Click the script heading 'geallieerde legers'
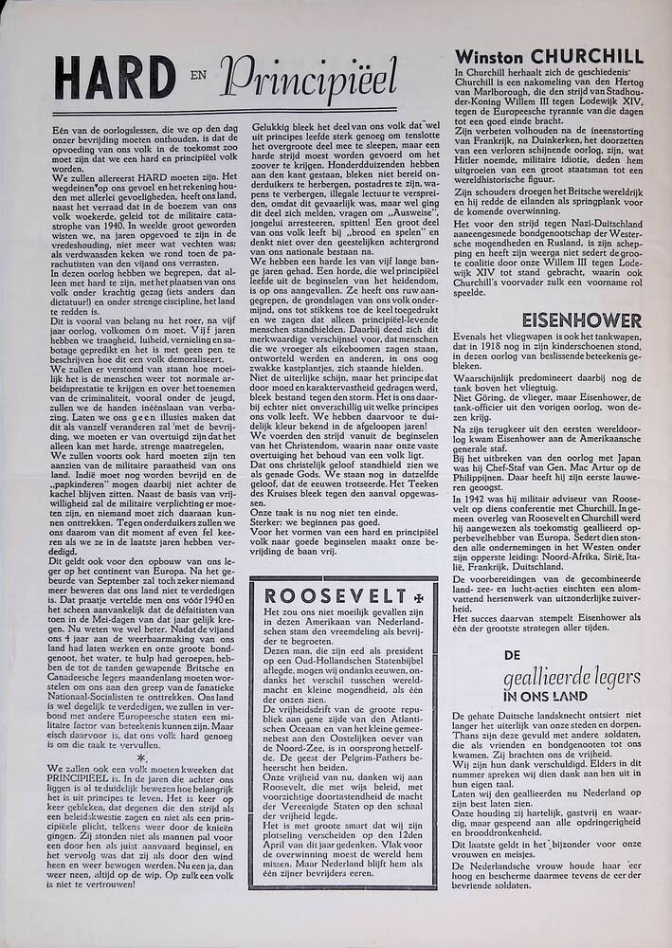pyautogui.click(x=584, y=676)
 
